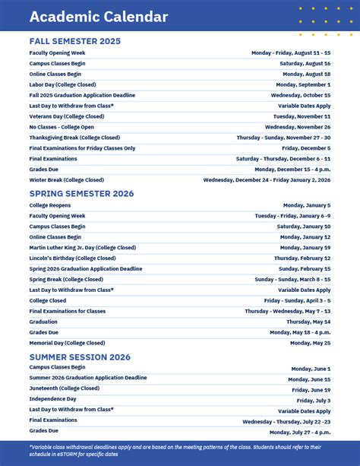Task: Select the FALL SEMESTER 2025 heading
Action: tap(74, 41)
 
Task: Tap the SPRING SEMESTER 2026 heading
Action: tap(81, 194)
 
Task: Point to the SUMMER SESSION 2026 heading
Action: tap(80, 357)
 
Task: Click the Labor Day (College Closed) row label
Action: tap(62, 84)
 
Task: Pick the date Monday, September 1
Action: tap(303, 84)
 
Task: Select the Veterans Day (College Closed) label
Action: tap(67, 116)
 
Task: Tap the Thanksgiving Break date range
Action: tap(283, 138)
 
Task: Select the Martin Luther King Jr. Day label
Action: tap(83, 247)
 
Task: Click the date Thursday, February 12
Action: tap(302, 258)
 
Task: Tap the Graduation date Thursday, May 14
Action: tap(308, 322)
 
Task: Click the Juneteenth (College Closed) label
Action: tap(65, 388)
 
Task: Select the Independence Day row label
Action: tap(53, 399)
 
